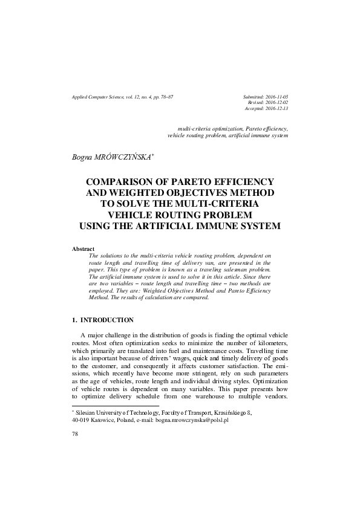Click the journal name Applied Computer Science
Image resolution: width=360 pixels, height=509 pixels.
point(100,97)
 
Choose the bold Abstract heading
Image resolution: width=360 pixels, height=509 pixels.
point(83,249)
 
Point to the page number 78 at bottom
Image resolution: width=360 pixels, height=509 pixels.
point(75,434)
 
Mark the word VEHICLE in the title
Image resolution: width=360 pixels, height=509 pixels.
point(130,215)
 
